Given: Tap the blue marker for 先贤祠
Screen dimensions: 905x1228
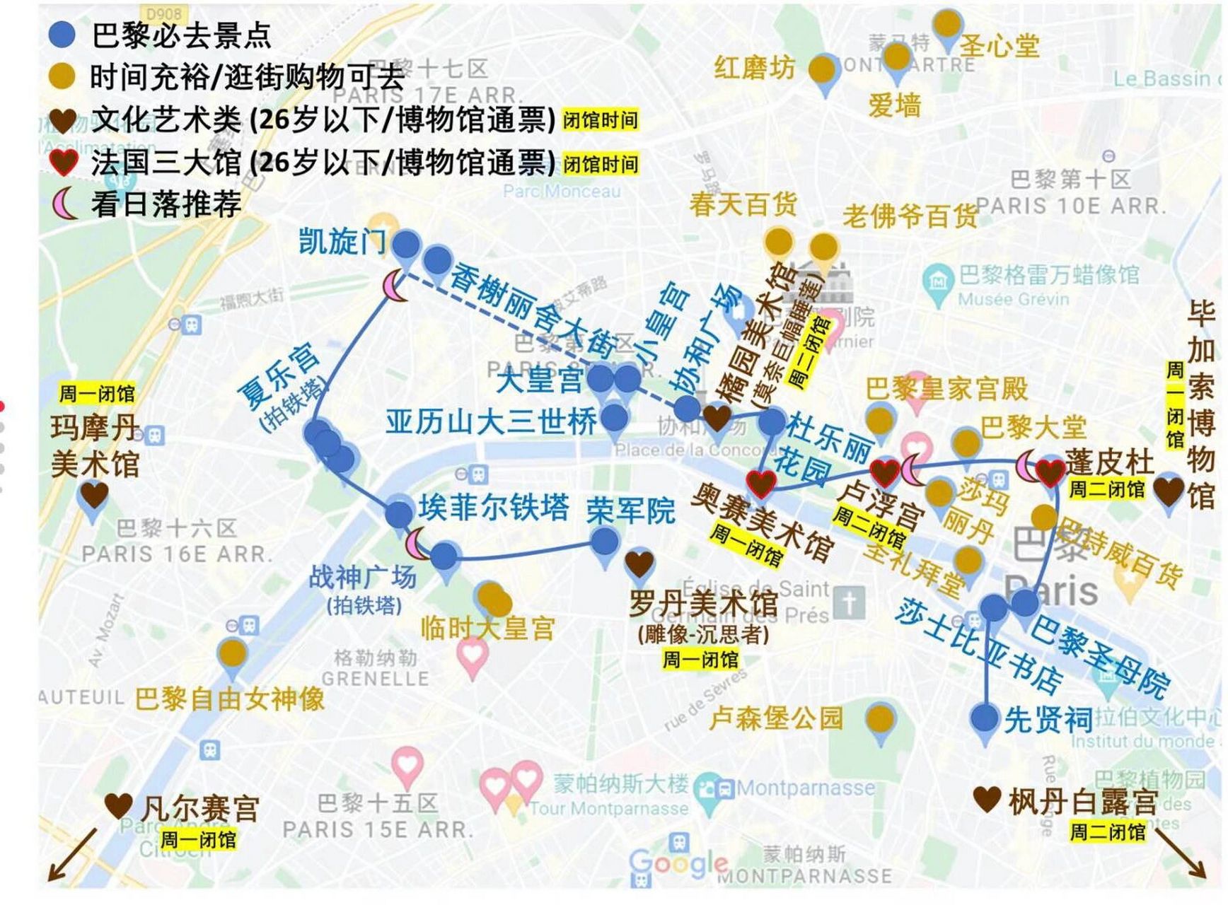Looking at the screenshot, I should (985, 718).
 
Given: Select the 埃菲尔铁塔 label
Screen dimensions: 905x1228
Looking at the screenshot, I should (494, 507).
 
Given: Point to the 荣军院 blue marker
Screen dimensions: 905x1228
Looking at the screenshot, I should (605, 542).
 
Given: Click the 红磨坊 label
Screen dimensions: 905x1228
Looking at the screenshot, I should (754, 69).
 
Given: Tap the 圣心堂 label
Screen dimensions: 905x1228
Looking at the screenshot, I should (1000, 46).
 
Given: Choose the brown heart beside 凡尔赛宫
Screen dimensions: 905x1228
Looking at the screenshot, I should (119, 805).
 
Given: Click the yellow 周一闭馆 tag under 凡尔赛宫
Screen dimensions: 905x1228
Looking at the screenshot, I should (198, 839).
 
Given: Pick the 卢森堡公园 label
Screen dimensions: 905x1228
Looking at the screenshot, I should (776, 718).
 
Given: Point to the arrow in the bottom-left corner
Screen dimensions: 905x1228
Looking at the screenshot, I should (71, 855).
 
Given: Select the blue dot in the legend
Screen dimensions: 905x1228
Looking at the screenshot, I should (63, 35).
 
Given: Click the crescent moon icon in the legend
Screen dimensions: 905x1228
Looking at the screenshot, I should (64, 204).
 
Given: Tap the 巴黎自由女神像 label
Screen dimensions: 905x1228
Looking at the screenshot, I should (230, 699).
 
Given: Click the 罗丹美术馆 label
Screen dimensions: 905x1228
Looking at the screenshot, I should (703, 604).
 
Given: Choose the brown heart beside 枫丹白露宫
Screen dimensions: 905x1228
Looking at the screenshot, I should (987, 800).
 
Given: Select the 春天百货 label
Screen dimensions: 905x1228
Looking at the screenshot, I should (743, 204).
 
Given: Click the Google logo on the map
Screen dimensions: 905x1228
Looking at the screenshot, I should (678, 863).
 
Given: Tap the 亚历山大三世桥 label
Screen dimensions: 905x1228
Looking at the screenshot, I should (492, 422).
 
